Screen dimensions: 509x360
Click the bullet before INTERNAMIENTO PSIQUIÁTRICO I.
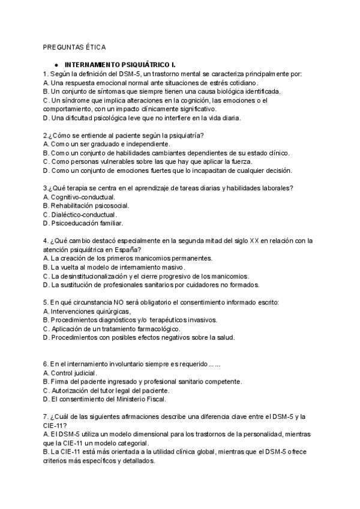pyautogui.click(x=56, y=65)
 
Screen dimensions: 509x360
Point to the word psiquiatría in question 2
pyautogui.click(x=183, y=136)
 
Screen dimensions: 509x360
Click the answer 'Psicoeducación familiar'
pyautogui.click(x=83, y=223)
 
